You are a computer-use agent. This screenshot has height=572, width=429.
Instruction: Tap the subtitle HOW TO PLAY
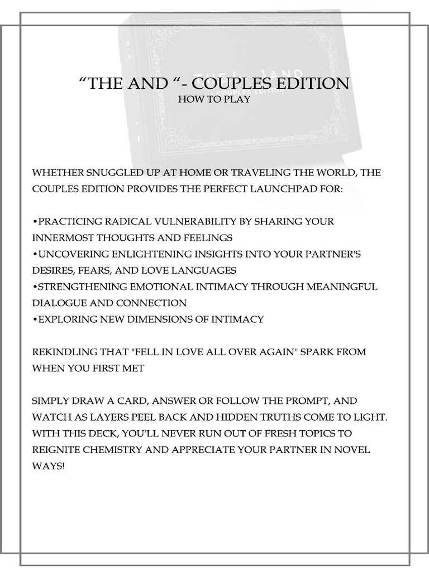(x=214, y=99)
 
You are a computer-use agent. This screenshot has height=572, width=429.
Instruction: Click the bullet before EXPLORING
(x=35, y=320)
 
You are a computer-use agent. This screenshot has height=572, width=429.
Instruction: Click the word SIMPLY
(x=51, y=401)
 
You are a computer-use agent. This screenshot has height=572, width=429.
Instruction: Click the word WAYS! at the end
(x=49, y=466)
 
